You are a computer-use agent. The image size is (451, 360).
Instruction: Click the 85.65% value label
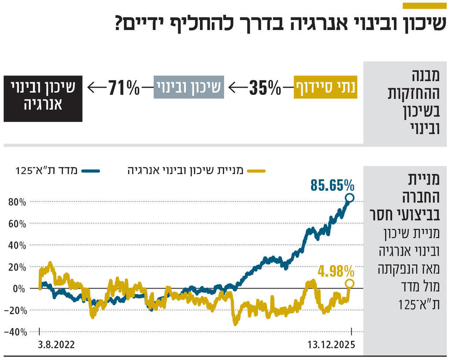(332, 185)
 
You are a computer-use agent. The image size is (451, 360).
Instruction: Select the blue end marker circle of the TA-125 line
(349, 198)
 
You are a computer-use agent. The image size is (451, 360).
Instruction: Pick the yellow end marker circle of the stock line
(349, 283)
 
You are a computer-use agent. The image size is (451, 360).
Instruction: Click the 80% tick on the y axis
(17, 202)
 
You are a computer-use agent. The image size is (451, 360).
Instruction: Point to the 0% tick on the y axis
(20, 289)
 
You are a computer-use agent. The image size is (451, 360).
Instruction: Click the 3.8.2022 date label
(56, 344)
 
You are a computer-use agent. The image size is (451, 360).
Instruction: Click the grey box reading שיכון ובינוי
(189, 87)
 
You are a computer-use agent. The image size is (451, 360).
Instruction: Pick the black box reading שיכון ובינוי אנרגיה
(43, 99)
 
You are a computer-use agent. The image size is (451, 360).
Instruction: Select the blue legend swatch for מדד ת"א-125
(91, 171)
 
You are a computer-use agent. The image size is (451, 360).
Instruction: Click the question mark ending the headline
(119, 23)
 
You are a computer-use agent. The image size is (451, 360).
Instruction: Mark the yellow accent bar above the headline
(425, 5)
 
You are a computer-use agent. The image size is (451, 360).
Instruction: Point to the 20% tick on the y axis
(17, 267)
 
